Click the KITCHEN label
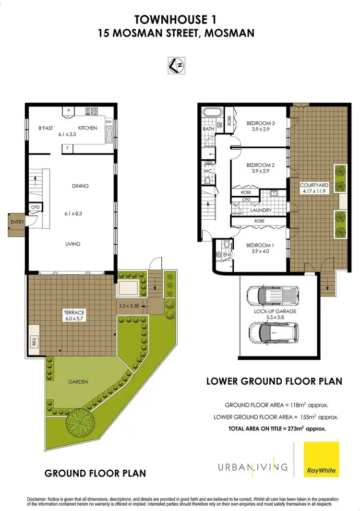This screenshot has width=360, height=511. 88,128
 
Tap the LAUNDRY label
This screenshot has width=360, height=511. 261,210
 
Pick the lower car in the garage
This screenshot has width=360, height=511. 270,331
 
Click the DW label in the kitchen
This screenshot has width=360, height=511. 109,121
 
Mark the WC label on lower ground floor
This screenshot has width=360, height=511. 208,170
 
